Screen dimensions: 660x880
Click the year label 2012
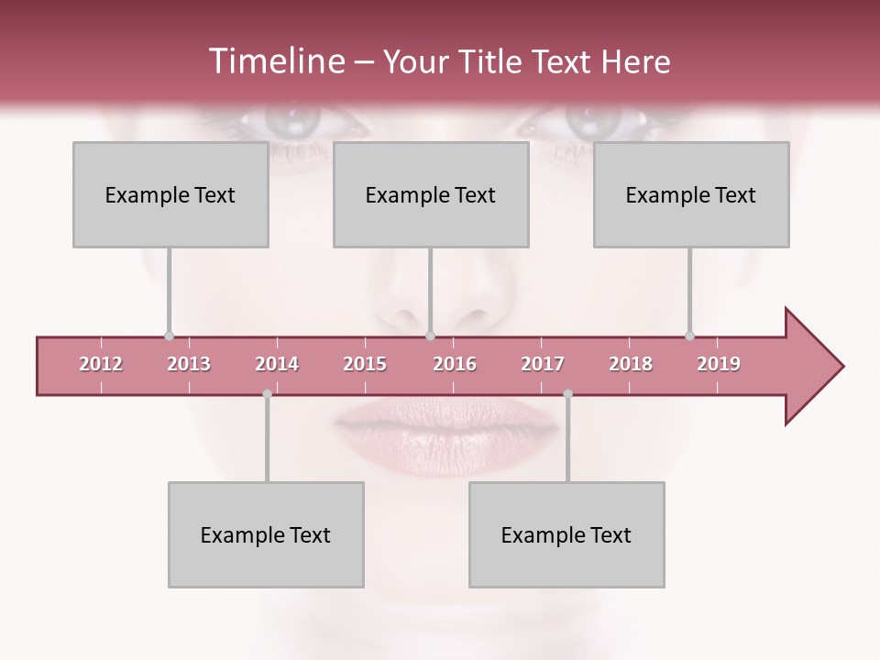coord(101,364)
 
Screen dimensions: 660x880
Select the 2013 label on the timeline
coord(189,364)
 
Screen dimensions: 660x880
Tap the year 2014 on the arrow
coord(277,364)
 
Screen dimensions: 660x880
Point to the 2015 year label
coord(365,364)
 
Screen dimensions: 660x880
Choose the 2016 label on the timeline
coord(455,364)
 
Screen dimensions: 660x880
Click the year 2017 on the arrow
coord(543,364)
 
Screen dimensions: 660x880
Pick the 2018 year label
coord(631,364)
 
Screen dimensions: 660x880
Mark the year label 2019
coord(719,364)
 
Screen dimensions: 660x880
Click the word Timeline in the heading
coord(275,61)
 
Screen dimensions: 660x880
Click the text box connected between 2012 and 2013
coord(170,194)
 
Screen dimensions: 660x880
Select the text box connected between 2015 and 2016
coord(431,194)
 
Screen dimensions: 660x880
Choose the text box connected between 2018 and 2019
coord(691,194)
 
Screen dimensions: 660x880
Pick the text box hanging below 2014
coord(266,534)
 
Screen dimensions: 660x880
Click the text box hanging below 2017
coord(566,534)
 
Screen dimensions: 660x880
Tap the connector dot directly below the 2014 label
coord(267,394)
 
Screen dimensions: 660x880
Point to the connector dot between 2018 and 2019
coord(689,335)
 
